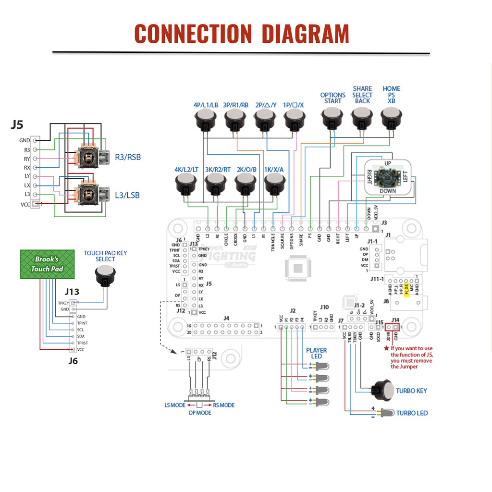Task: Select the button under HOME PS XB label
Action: tap(391, 117)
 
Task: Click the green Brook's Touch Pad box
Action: tap(47, 264)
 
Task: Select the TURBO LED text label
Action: tap(412, 413)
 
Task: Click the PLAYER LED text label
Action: tap(316, 353)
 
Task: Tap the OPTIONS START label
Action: tap(332, 98)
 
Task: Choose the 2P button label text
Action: tap(266, 105)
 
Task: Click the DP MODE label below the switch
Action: tap(199, 413)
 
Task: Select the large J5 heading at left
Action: tap(17, 125)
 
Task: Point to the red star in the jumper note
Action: tap(386, 348)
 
